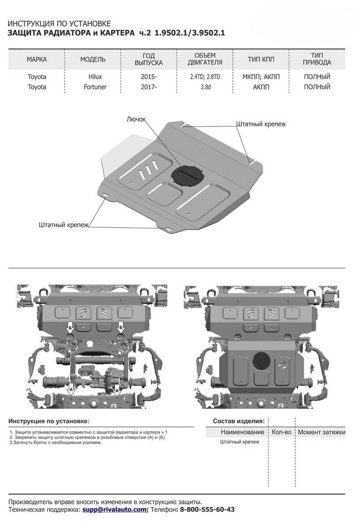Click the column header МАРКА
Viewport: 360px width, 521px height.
(36, 59)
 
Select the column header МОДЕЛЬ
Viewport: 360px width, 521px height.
(93, 59)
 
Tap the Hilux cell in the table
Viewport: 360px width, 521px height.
(95, 77)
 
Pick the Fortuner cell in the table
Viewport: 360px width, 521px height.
(95, 87)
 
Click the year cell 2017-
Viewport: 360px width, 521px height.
(148, 87)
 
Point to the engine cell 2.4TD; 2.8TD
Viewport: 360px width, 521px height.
(205, 77)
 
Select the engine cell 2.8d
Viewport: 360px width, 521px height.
(205, 87)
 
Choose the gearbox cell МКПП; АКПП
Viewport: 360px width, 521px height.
(261, 77)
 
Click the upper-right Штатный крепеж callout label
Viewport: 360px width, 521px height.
(261, 124)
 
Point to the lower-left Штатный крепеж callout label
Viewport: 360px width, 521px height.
(64, 225)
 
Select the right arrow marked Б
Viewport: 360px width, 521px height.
(120, 327)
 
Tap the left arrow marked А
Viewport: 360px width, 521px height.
(70, 390)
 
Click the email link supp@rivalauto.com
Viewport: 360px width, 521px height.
(115, 510)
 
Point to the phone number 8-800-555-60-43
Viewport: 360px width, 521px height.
(206, 510)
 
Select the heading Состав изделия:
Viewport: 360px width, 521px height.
(238, 421)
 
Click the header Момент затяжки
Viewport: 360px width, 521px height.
(321, 432)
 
